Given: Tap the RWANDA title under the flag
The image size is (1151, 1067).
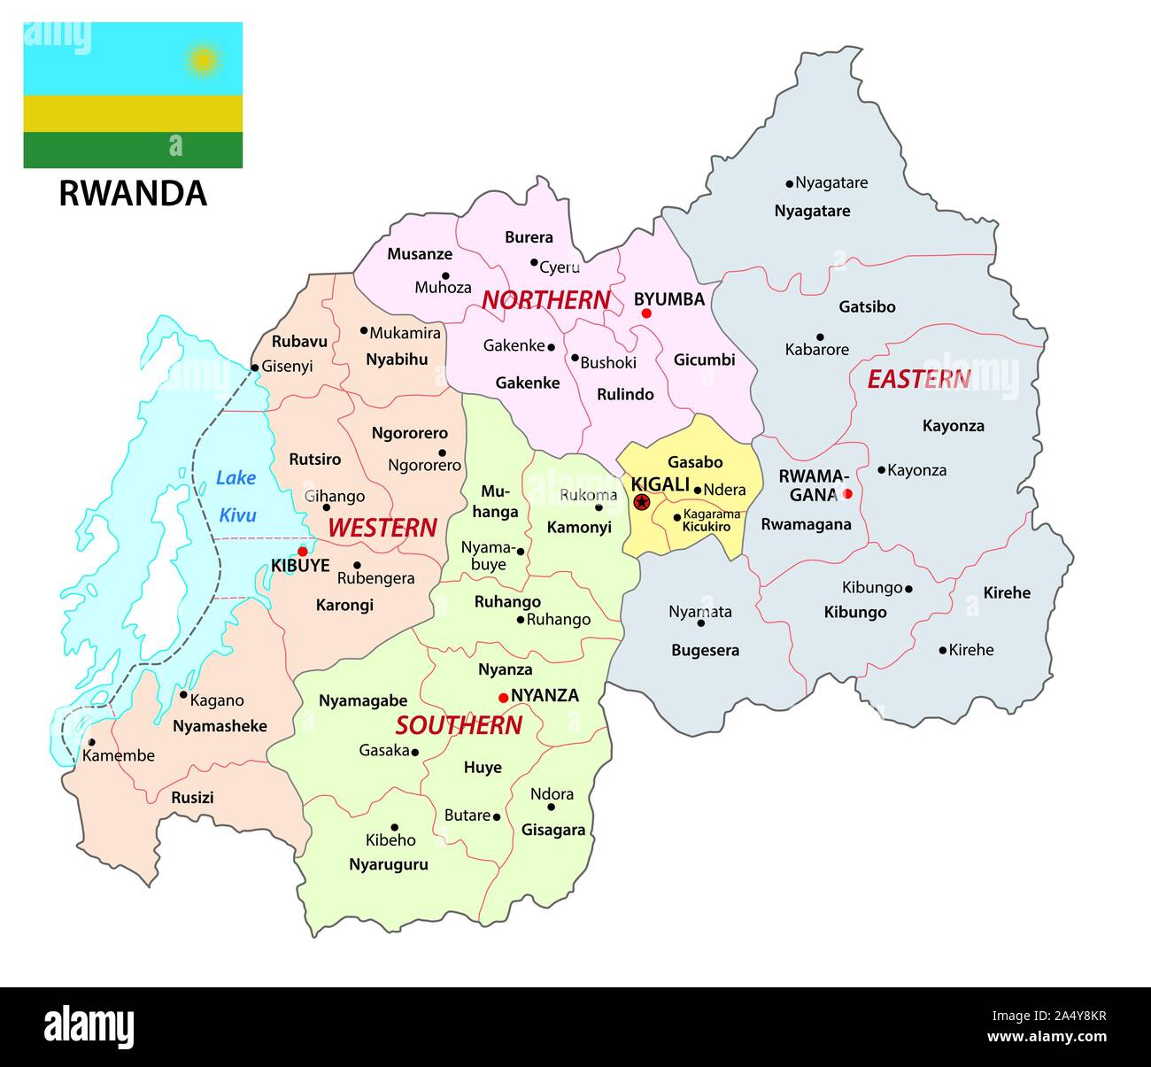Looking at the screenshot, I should click(x=133, y=193).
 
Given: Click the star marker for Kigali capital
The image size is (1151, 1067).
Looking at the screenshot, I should click(x=642, y=502).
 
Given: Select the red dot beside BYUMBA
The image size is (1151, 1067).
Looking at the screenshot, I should click(x=646, y=313).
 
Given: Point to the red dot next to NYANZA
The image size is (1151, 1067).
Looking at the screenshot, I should click(x=503, y=698).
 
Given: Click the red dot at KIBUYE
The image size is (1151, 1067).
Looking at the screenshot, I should click(x=303, y=551).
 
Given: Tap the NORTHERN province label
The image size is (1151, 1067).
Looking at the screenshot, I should click(x=545, y=300).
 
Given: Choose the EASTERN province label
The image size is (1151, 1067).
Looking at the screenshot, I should click(x=918, y=379).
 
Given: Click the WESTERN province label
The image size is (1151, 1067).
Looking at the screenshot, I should click(x=382, y=528).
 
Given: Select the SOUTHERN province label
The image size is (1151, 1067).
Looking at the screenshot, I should click(x=459, y=725).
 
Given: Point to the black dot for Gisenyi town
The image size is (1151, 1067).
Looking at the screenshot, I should click(x=255, y=367).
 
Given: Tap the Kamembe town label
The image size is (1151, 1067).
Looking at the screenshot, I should click(x=118, y=755).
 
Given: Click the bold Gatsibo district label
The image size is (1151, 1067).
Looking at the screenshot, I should click(x=867, y=307).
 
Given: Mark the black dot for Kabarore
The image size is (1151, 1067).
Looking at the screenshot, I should click(x=820, y=336).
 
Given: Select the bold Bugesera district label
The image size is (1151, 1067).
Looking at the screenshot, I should click(x=705, y=650).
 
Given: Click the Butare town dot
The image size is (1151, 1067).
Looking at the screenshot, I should click(x=497, y=816).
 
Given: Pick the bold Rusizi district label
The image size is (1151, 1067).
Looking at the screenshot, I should click(x=192, y=797).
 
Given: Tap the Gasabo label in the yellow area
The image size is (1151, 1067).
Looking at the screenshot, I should click(x=695, y=461).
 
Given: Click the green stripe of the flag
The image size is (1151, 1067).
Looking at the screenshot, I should click(x=133, y=150).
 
